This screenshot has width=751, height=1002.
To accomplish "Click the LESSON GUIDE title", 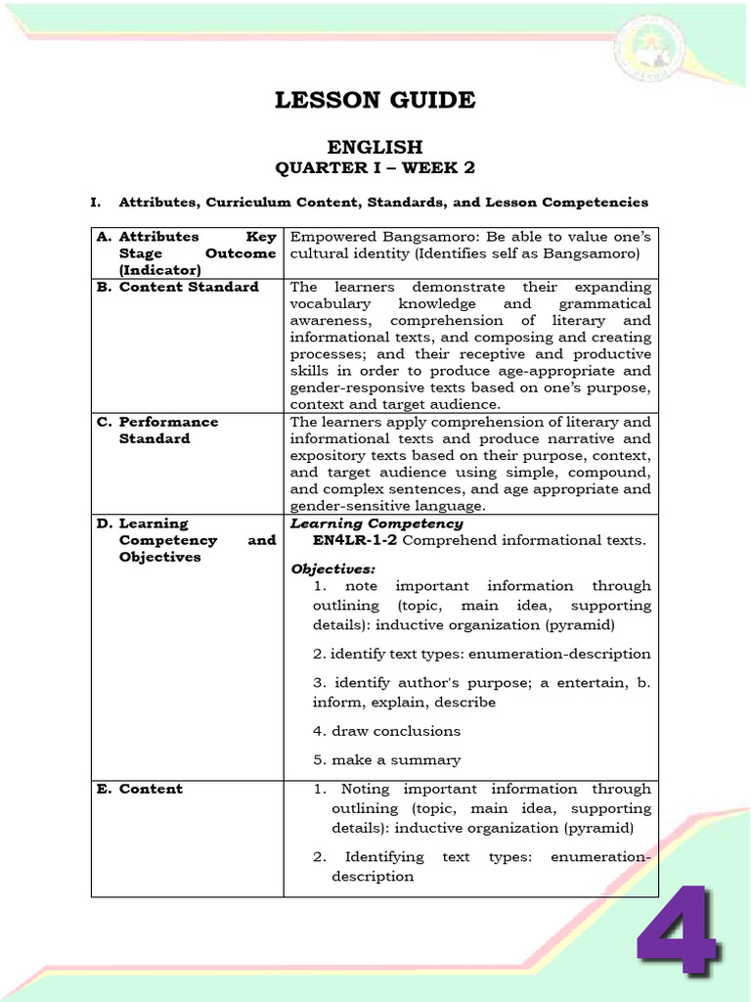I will tap(375, 100).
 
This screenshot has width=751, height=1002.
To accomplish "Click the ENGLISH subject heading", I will tap(375, 147).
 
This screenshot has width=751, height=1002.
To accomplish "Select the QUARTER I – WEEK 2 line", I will tap(375, 168).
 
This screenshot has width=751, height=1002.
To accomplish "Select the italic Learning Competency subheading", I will tap(376, 524).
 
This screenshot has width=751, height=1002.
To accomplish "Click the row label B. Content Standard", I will tap(178, 287).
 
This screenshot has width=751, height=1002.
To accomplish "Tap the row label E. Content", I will tap(140, 789).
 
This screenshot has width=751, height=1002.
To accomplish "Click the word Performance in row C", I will tap(168, 422).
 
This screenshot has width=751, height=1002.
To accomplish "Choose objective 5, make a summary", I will tap(385, 759).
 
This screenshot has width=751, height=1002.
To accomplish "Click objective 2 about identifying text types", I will tap(481, 654).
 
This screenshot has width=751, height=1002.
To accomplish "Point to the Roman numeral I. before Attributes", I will tap(96, 203).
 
